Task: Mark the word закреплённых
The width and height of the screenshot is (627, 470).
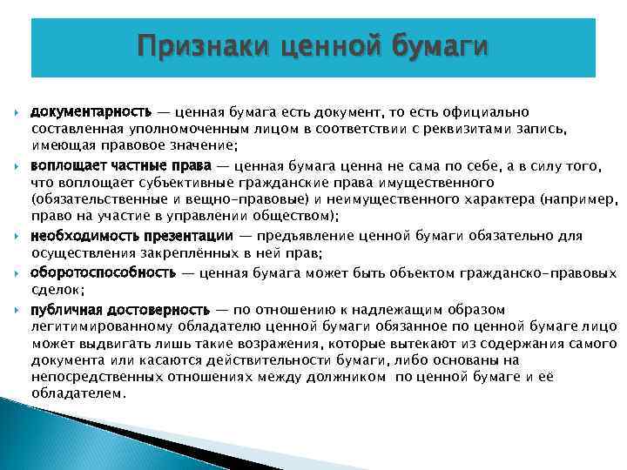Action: [x=201, y=252]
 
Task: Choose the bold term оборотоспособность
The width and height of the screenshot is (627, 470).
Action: [x=104, y=272]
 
